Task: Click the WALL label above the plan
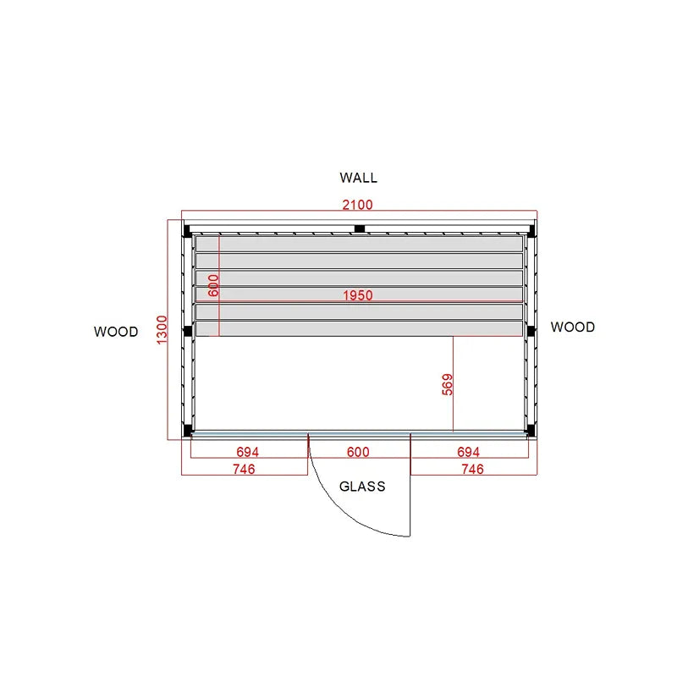coord(358,178)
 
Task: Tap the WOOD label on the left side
coord(116,332)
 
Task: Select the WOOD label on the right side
coord(573,327)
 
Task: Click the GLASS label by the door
coord(362,487)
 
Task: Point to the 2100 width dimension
coord(357,205)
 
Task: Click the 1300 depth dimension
coord(162,330)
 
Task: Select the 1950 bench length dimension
coord(357,295)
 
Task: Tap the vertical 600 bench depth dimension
coord(213,285)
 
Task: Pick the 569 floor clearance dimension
coord(448,385)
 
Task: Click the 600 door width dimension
coord(358,452)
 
